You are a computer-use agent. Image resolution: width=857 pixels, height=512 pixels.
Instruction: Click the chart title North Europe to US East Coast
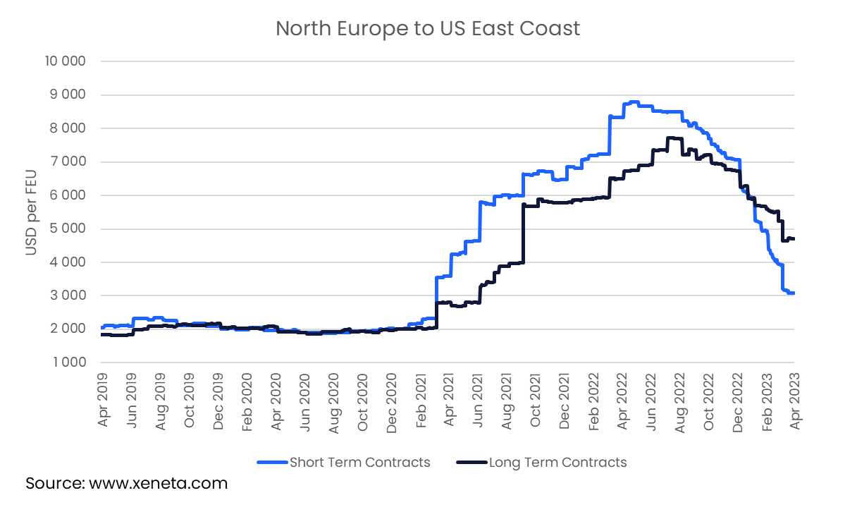point(428,28)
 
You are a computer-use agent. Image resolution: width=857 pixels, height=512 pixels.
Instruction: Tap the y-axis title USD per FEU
point(32,212)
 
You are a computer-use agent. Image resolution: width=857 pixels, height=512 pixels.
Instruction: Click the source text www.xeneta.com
point(127,484)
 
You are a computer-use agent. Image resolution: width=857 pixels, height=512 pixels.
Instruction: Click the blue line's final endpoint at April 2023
point(794,293)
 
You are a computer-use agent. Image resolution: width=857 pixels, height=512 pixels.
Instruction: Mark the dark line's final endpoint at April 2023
point(794,239)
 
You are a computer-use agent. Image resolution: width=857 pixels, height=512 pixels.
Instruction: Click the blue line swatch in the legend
point(271,463)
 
